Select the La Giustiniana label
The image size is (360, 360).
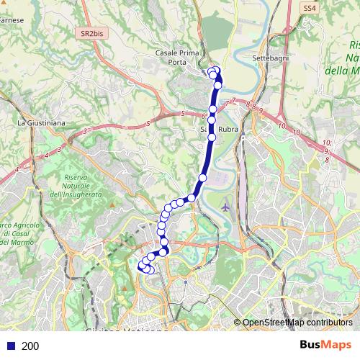coord(41,123)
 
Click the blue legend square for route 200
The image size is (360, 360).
coord(10,346)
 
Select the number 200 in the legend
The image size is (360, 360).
coord(30,346)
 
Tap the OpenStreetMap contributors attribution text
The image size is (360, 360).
coord(297,323)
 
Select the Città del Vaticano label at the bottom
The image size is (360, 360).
coord(122,332)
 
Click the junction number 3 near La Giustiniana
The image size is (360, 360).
coord(85,130)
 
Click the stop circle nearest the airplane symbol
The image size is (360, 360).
coord(202,177)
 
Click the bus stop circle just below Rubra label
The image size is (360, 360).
coord(212,137)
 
